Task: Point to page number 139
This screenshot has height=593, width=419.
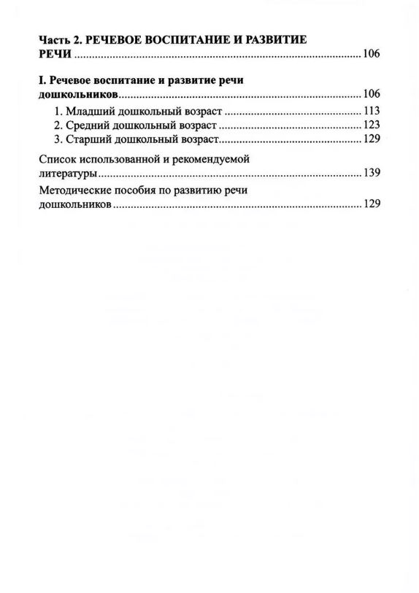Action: click(372, 174)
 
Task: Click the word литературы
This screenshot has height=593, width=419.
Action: click(67, 174)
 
